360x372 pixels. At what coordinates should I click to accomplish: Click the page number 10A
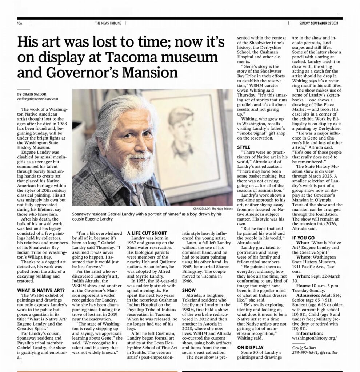tap(20, 23)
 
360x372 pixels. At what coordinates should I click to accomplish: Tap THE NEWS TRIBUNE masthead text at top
tap(109, 23)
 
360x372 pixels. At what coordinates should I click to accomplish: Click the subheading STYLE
tap(244, 147)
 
